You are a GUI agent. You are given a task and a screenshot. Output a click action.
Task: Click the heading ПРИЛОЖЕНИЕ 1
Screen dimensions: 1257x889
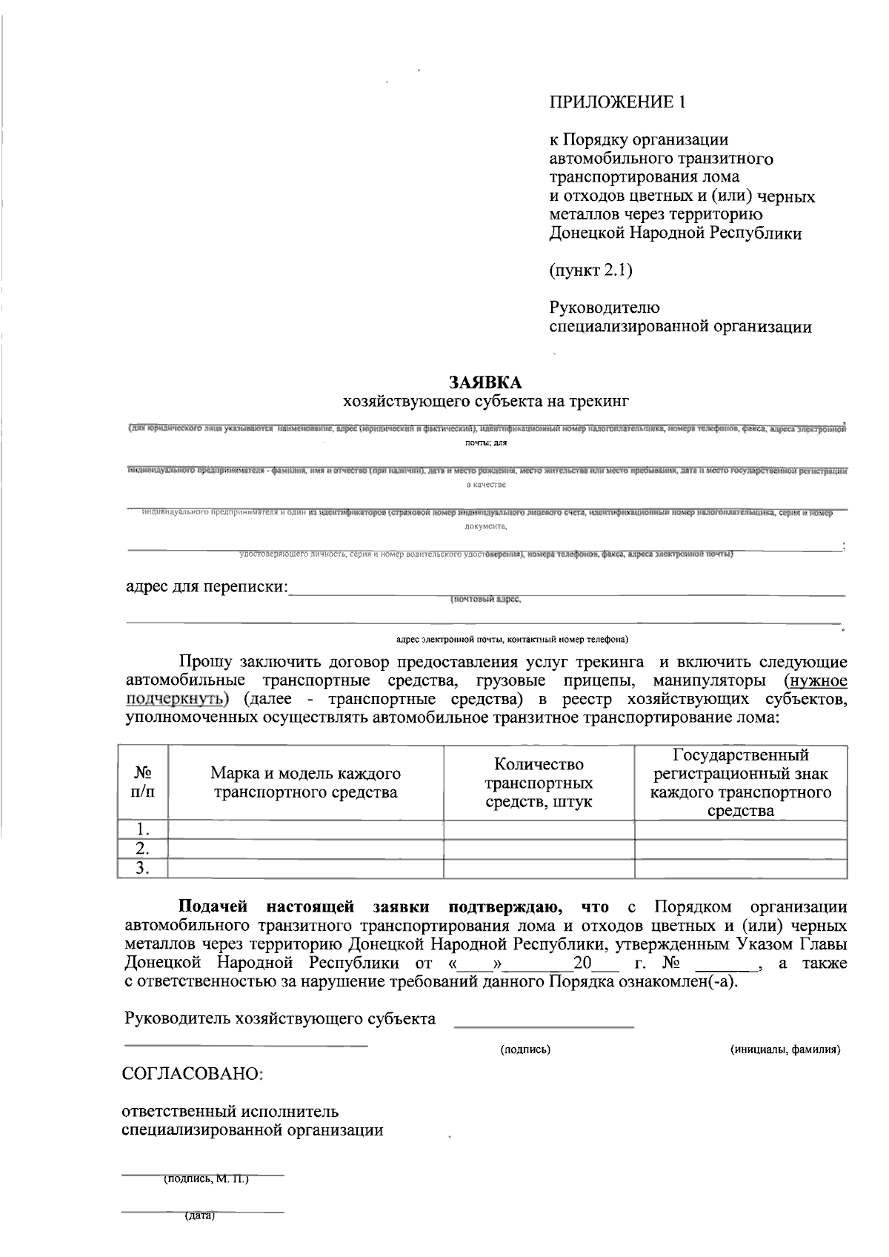617,102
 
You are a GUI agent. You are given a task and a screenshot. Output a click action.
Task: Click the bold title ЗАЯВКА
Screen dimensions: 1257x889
486,382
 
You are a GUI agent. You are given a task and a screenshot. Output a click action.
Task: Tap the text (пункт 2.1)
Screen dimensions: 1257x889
590,271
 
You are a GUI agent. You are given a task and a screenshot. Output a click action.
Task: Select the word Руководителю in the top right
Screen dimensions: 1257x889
605,308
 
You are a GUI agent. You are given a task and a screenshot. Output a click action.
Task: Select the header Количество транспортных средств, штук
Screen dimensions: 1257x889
539,783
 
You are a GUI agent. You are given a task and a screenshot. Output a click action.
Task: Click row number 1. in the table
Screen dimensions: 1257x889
143,829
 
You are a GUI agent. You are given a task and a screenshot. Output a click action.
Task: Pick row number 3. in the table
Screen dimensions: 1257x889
143,869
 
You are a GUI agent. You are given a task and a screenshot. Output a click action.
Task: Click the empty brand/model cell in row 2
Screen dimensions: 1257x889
305,849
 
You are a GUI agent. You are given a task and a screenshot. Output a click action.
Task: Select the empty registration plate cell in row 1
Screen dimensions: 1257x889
741,829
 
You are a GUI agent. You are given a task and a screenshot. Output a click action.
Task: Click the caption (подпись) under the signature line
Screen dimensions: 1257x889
525,1049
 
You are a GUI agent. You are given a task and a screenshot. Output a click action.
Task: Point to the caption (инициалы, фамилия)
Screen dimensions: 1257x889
785,1049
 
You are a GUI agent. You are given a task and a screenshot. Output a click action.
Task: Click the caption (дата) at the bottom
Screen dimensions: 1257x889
199,1216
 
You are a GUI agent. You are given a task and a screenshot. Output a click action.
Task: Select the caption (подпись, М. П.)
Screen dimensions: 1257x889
206,1178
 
